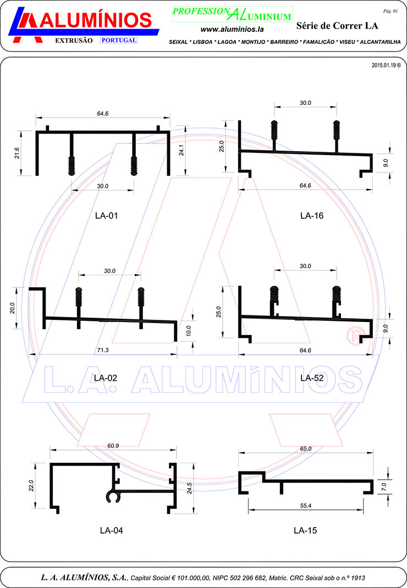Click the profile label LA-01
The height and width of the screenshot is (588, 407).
[106, 215]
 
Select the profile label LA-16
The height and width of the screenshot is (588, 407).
[312, 215]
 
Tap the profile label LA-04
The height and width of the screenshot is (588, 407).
[111, 530]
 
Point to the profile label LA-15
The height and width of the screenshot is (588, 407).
[305, 530]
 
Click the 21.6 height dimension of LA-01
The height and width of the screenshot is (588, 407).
[17, 153]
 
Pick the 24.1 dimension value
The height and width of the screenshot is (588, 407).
[182, 151]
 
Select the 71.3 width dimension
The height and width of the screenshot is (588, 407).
[103, 350]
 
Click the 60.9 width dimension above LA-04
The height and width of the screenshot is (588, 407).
[113, 446]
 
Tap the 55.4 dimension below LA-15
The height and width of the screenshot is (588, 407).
[306, 506]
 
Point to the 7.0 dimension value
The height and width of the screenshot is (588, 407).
[384, 487]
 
